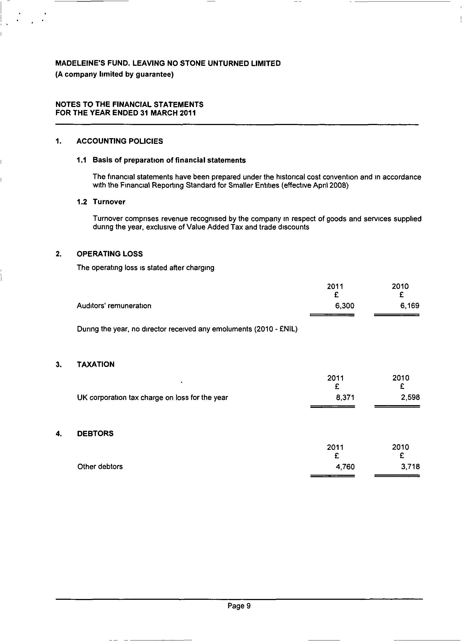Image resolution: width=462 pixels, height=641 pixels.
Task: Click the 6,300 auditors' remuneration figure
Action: point(344,306)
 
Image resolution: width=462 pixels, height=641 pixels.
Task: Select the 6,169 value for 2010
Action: point(410,306)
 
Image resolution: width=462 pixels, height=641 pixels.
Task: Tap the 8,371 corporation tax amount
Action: point(345,398)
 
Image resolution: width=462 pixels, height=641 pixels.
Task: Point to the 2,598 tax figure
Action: point(410,398)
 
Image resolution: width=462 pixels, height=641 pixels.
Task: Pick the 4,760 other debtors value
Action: point(345,467)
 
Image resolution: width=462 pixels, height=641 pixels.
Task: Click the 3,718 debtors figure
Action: point(410,467)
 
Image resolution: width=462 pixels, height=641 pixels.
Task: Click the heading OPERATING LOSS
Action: point(110,254)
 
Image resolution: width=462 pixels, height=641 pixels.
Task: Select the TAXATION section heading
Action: point(96,364)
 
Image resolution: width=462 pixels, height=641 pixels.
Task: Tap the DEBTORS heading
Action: point(95,434)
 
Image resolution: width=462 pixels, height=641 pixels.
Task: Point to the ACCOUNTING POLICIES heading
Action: point(120,141)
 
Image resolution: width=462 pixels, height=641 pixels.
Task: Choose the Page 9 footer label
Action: point(239,606)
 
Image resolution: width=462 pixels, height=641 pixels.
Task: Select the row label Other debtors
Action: point(100,467)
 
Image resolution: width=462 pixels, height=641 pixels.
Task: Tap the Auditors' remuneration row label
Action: point(114,306)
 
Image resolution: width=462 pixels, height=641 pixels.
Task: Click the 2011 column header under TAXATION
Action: point(335,378)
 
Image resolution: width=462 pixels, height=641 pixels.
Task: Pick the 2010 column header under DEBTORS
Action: point(400,447)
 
